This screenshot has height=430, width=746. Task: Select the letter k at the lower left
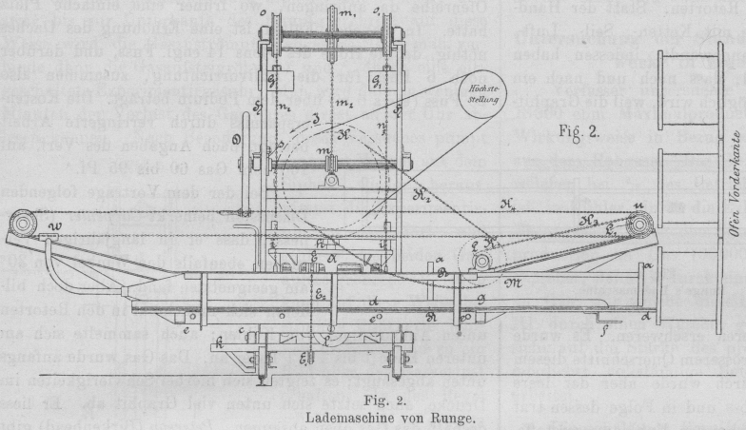(220, 342)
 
